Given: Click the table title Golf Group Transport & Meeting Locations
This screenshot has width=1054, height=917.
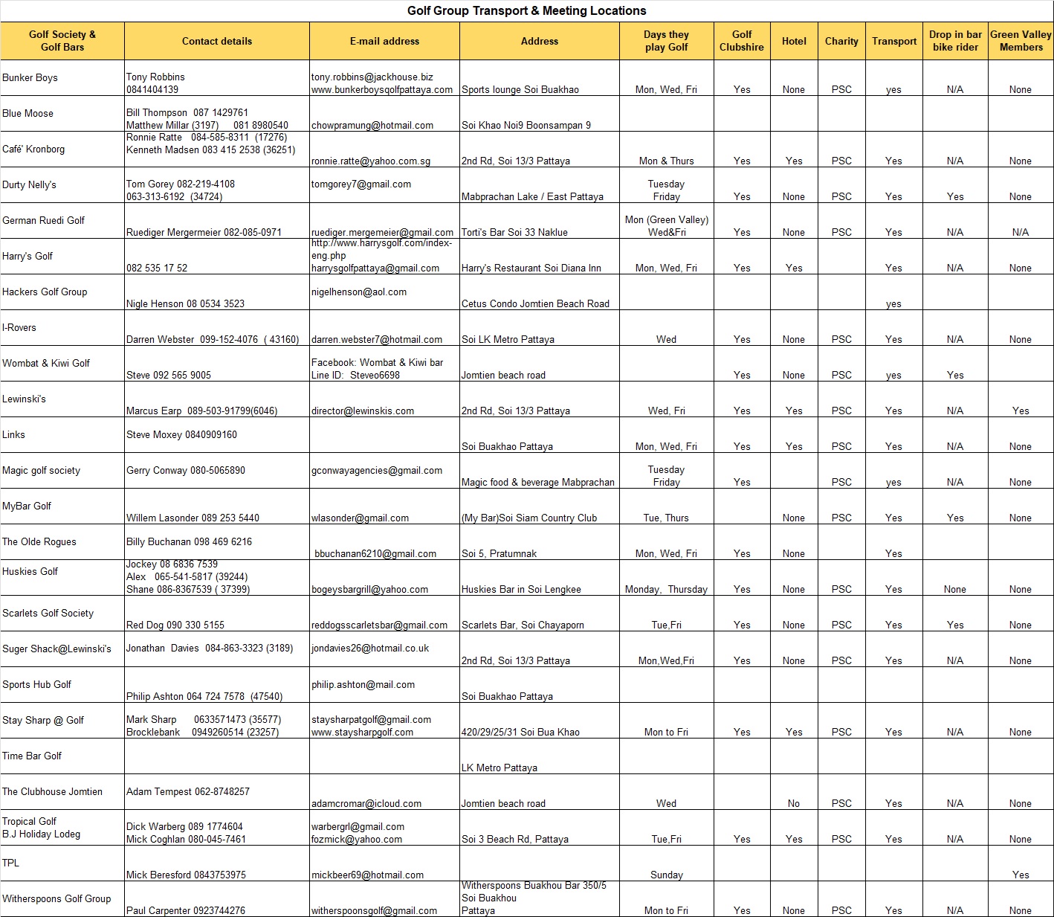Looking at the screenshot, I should tap(526, 10).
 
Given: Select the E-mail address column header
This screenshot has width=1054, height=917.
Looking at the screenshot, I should tap(384, 41).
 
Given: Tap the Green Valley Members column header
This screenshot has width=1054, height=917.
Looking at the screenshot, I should tap(1021, 40).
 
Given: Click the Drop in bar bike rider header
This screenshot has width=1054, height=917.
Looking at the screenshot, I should tap(955, 40).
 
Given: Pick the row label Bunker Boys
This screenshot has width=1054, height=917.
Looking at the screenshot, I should tap(30, 77).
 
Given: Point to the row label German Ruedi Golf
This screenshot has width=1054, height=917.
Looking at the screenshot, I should tap(44, 220).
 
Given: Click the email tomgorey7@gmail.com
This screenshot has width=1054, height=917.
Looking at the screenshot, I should tap(361, 184).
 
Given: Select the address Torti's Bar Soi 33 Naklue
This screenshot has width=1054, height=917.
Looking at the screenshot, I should tap(514, 232).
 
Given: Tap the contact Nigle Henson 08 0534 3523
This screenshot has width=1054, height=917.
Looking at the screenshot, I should tap(185, 303).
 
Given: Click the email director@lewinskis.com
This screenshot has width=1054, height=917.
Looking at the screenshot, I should tap(363, 411).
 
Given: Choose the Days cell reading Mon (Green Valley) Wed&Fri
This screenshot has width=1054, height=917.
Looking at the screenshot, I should tap(666, 225).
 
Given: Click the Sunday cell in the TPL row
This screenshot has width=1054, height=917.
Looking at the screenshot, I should tap(666, 875).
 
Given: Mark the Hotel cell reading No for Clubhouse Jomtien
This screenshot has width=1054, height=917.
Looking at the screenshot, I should tap(794, 803).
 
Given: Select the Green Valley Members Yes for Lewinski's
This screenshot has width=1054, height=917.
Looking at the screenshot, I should tap(1021, 411).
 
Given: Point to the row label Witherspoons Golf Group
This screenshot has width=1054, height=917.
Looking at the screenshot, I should tap(56, 898).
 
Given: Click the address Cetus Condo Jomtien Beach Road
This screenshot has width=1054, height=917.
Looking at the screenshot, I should tap(535, 303).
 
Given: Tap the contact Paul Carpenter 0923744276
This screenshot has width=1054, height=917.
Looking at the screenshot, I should tap(186, 910).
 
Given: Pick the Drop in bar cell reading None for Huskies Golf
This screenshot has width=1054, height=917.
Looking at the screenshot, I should tap(955, 589).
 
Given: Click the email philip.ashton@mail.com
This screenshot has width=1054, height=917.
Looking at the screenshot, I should tap(363, 684).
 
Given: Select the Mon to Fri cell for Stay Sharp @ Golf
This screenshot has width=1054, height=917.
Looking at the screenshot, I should tap(666, 732).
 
